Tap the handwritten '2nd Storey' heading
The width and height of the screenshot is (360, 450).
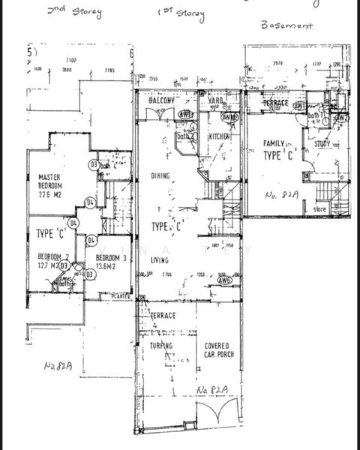coord(74,12)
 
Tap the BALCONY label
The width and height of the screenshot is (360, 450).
coord(161,101)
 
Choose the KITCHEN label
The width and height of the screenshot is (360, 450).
coord(219,136)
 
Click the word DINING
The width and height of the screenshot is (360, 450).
coord(160,176)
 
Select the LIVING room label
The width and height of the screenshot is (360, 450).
coord(160,261)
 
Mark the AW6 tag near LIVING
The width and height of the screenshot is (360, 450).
coord(223,280)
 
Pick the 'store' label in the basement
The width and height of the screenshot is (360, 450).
coord(319,209)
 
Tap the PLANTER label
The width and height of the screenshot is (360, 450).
coord(120,296)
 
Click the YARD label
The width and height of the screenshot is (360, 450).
coord(216,100)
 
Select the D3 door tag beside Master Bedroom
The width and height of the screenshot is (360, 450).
coord(94,164)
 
